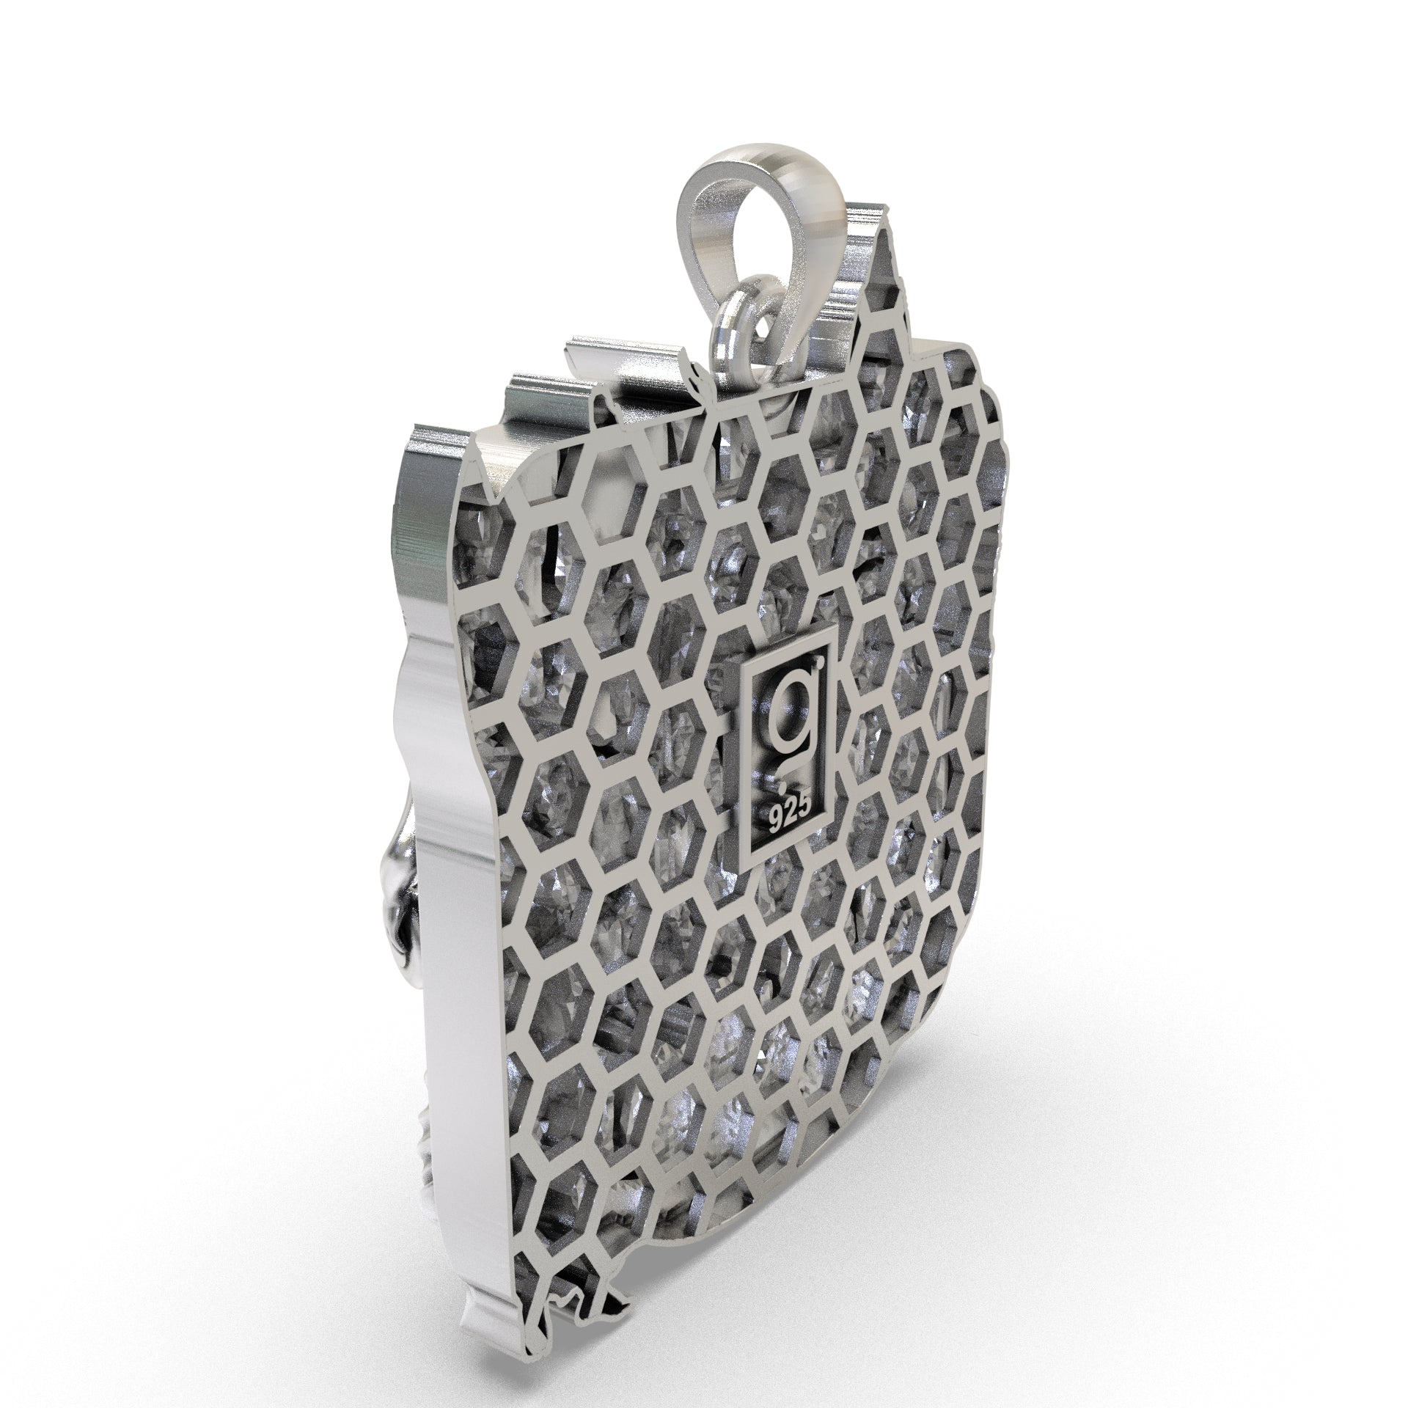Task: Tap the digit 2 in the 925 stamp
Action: click(x=791, y=815)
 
